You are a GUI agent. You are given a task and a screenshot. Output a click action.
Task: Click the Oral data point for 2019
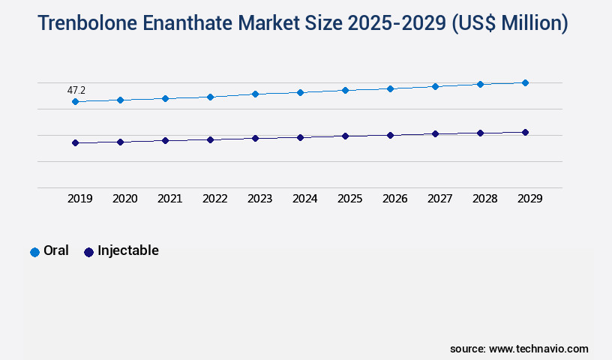point(75,101)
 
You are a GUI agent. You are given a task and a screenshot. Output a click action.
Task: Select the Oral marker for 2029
point(525,82)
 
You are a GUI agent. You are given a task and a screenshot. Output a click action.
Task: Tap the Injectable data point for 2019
point(75,142)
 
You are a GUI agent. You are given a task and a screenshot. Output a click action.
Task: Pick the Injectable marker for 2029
point(525,132)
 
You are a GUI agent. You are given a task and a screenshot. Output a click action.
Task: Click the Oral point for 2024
point(300,92)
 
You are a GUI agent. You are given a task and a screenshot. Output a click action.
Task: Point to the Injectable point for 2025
point(345,136)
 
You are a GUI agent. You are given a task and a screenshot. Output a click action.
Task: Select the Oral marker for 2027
point(435,86)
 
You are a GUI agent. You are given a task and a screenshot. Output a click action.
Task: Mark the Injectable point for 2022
point(210,139)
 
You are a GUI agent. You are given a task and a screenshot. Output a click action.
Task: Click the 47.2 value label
point(76,90)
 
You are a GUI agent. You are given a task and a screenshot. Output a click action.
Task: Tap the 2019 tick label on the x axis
point(79,199)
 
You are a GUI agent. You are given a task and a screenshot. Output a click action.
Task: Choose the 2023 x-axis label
point(259,199)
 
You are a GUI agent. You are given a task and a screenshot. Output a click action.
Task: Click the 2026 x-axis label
point(394,199)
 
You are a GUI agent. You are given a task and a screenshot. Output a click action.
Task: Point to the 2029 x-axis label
point(529,199)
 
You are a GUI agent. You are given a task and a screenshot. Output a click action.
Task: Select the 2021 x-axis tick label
point(169,199)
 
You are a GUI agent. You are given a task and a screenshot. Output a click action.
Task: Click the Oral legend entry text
point(56,251)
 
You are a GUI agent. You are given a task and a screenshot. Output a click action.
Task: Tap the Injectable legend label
point(128,251)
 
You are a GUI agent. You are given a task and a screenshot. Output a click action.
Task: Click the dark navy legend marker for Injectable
point(88,252)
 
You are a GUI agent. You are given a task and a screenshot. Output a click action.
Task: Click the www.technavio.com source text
point(538,349)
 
